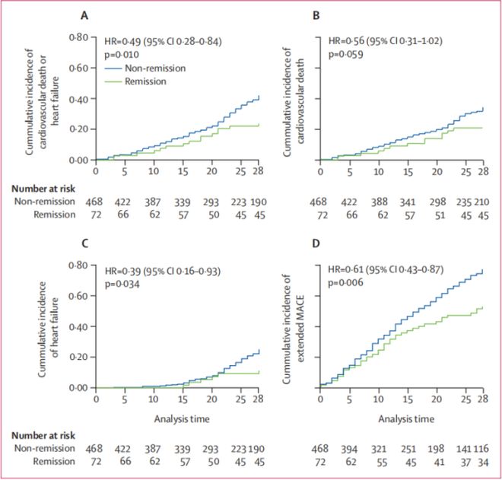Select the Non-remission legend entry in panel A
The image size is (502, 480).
[152, 66]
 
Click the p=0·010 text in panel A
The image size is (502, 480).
[124, 54]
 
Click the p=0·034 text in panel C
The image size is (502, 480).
[124, 281]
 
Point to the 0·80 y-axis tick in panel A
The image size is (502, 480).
[78, 37]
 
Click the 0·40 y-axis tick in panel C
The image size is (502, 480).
[78, 326]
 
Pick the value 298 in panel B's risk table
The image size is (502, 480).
[436, 202]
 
